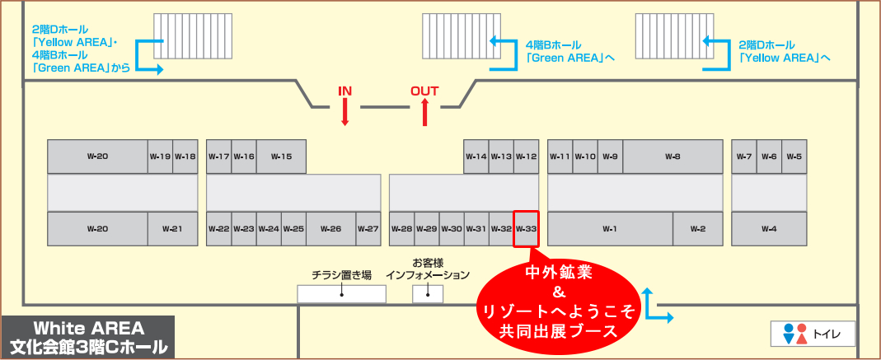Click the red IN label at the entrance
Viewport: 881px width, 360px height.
click(x=344, y=91)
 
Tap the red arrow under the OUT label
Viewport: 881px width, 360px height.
click(x=425, y=112)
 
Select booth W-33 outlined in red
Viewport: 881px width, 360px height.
click(x=526, y=228)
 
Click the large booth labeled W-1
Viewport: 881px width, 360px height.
click(x=610, y=228)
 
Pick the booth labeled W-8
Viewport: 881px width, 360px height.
click(x=672, y=157)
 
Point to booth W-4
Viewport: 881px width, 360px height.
click(x=769, y=228)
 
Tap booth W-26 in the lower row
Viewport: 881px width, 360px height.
click(x=330, y=228)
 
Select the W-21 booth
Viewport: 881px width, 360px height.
click(x=172, y=228)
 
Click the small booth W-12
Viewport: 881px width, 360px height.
click(x=526, y=157)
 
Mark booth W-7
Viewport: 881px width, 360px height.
click(x=744, y=157)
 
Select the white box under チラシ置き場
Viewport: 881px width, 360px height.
click(x=341, y=294)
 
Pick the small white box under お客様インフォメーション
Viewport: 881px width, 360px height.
click(x=427, y=294)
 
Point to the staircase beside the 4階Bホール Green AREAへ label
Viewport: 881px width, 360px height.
click(x=456, y=41)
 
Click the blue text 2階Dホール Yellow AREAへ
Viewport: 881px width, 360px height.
click(x=784, y=51)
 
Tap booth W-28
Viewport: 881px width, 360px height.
click(x=401, y=228)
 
